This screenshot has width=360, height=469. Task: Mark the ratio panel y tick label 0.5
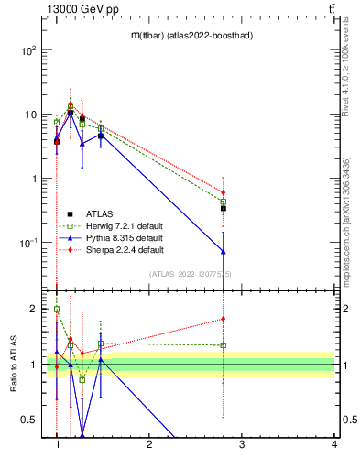point(27,420)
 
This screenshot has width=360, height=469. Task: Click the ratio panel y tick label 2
point(32,309)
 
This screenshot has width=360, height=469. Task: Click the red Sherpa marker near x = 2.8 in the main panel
point(224,193)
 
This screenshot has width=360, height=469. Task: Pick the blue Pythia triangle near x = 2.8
point(224,251)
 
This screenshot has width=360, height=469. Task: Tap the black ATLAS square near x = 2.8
point(224,208)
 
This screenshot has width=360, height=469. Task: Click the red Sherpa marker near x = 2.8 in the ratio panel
point(224,319)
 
